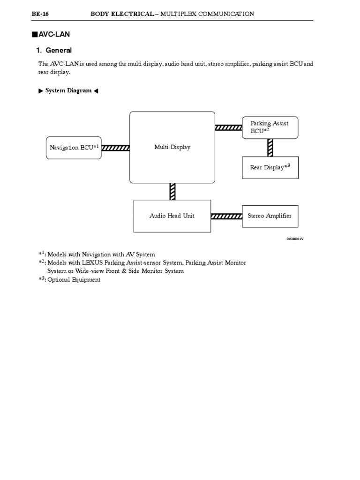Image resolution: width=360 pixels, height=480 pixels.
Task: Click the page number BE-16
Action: (40, 14)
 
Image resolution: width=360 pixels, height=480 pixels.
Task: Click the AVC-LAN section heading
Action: (57, 34)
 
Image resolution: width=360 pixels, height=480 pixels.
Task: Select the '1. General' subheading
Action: (54, 50)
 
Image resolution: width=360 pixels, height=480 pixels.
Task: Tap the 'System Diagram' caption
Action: (68, 90)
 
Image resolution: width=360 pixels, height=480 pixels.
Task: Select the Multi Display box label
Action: (172, 147)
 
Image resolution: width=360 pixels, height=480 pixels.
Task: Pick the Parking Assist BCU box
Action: (270, 127)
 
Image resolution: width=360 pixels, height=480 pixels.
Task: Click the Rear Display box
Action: (270, 167)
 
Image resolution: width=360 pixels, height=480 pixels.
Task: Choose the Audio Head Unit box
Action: (172, 216)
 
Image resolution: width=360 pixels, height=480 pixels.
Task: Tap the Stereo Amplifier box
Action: (270, 216)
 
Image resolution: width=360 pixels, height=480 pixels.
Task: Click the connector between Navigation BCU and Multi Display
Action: (115, 148)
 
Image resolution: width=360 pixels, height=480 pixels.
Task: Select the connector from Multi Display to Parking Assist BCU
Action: (228, 127)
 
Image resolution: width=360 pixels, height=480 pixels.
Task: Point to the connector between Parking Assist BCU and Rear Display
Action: (270, 148)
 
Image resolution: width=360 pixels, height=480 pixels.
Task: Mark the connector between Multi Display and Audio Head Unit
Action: (172, 191)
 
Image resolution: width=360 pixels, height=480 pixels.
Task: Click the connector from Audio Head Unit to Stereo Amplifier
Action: (226, 216)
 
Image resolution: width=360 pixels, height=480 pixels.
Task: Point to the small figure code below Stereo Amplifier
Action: (295, 239)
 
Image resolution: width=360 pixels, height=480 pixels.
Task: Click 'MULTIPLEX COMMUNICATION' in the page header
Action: (207, 14)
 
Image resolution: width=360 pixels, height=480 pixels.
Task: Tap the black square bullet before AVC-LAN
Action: (34, 34)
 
